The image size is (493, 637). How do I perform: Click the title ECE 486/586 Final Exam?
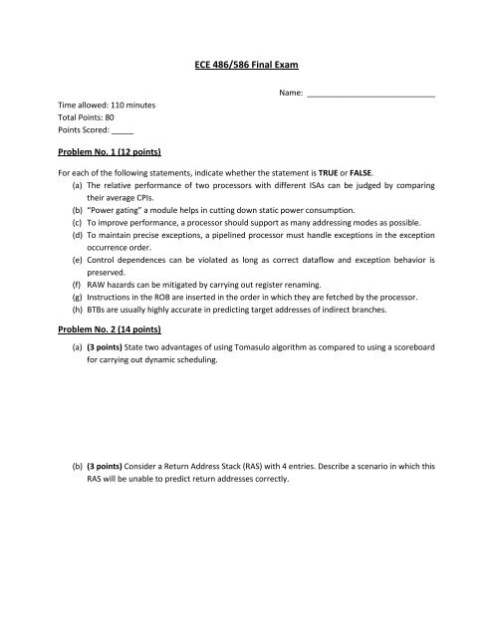coord(246,65)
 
